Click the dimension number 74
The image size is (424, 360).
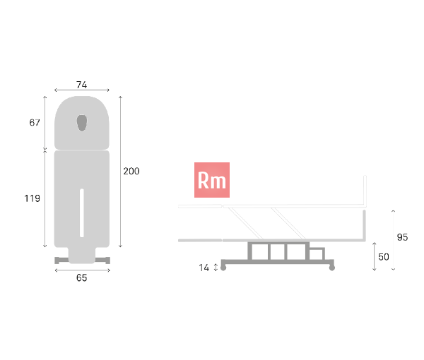click(x=82, y=85)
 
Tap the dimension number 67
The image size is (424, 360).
click(x=35, y=123)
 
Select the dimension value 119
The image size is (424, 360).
click(x=33, y=198)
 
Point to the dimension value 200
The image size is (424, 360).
click(x=131, y=171)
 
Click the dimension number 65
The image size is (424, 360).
click(x=82, y=277)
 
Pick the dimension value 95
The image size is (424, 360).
click(x=402, y=237)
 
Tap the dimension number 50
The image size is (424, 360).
click(x=384, y=257)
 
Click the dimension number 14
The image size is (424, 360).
click(x=204, y=268)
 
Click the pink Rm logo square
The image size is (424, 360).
click(x=212, y=180)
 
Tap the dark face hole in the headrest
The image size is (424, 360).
click(x=82, y=123)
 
